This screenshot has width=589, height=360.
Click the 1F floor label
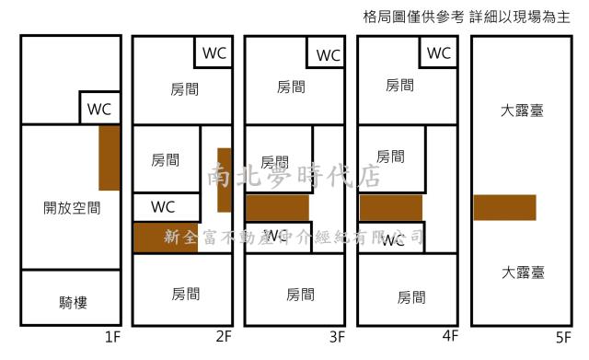point(112,337)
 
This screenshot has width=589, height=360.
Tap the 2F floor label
point(224,337)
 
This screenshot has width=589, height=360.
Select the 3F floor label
point(336,337)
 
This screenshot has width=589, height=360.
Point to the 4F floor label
point(450,337)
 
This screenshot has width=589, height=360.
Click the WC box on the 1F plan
point(99,108)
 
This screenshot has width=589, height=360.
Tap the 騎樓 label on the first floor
point(71,301)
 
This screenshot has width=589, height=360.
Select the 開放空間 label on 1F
point(71,209)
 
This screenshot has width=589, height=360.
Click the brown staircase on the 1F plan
point(110,157)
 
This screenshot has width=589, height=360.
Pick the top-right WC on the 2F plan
point(214,52)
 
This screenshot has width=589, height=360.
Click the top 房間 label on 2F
point(185,88)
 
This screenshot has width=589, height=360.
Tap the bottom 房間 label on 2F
point(185,294)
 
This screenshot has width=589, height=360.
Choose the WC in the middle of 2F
point(163,207)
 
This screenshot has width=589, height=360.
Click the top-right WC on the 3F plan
point(328,55)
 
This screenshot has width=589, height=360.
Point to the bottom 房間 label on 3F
point(300,295)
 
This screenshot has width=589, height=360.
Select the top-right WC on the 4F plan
point(440,52)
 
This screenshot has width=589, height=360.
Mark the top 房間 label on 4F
point(399,86)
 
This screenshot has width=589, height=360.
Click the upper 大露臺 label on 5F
point(522,111)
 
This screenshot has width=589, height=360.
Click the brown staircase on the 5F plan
point(504,207)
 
